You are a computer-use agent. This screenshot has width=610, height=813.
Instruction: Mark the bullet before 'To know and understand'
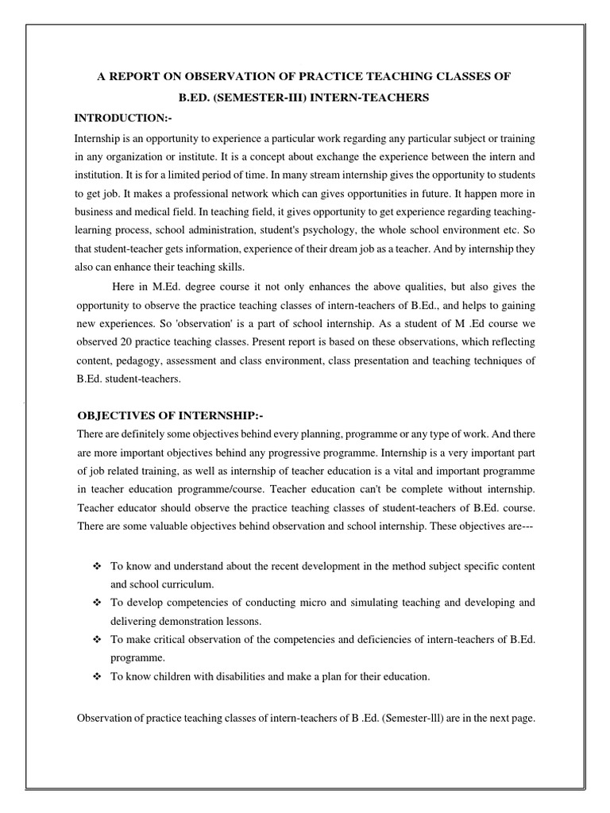coord(98,565)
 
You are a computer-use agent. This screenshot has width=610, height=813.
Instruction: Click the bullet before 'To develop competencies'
coord(98,602)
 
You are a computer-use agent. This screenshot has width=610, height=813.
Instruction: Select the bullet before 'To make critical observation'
coord(98,639)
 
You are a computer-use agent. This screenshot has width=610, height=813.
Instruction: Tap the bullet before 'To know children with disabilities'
coord(98,676)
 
